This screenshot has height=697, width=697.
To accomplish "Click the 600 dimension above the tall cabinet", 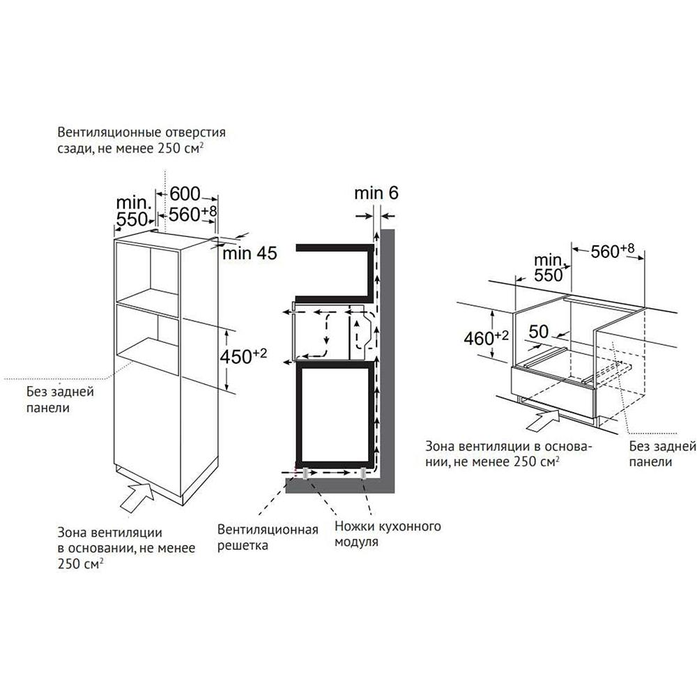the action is (185, 194).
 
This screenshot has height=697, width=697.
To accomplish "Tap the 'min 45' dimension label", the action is (250, 254).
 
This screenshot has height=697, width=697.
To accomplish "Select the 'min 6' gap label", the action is (376, 193).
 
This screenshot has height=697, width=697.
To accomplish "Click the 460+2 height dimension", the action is (486, 338).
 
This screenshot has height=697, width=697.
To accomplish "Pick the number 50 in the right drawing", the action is (539, 332).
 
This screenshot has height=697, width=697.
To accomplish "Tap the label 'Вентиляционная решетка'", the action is (268, 537).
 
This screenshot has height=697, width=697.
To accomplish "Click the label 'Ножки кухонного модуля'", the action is (388, 534).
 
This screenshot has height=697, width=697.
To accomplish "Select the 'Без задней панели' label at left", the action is (60, 399).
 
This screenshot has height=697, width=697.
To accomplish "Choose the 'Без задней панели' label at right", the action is (662, 454).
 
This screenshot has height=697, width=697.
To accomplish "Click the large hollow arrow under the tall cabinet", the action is (138, 498).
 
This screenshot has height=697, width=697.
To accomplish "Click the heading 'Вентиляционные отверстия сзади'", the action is (141, 140).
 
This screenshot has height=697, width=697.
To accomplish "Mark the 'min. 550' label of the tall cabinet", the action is (132, 210).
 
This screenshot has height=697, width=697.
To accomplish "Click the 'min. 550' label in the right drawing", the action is (549, 268).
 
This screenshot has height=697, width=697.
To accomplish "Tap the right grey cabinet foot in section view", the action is (364, 473).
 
